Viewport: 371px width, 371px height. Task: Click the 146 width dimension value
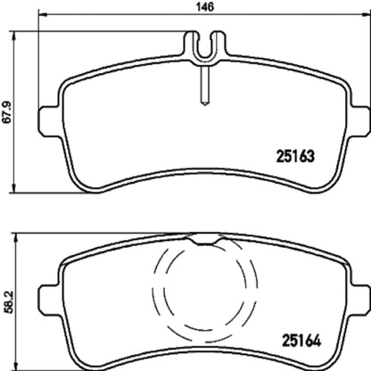coord(205,6)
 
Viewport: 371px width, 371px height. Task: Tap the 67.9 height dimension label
coord(6,112)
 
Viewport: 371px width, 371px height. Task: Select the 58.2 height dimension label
coord(9,302)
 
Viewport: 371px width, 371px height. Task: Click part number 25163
coord(295,156)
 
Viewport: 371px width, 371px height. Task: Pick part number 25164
coord(301,341)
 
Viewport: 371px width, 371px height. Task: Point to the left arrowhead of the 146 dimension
coord(43,15)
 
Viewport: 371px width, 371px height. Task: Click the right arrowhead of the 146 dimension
coord(367,15)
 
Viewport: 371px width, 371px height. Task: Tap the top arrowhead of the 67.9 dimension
coord(13,36)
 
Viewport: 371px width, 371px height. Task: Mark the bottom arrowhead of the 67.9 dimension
coord(13,188)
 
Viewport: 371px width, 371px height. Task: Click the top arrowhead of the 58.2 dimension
coord(17,237)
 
